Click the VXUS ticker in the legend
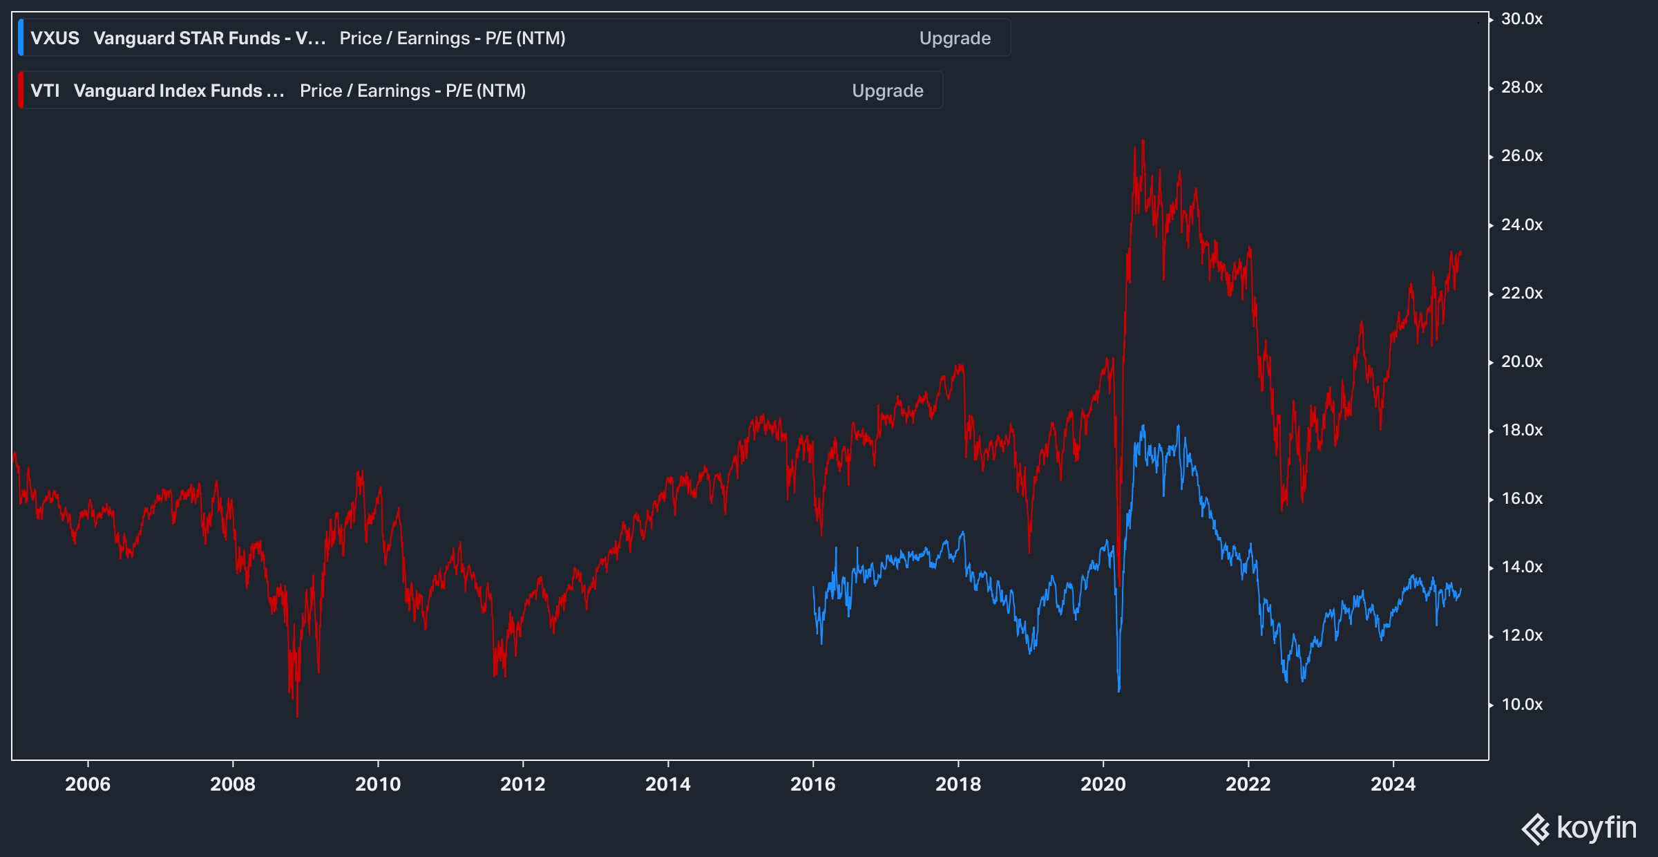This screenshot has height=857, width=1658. (x=55, y=38)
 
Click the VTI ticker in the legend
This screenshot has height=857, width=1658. (x=45, y=91)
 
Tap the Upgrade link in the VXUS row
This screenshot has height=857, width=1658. (x=955, y=38)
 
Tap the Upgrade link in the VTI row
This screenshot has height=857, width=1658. (x=887, y=91)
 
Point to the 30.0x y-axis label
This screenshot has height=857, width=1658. (x=1521, y=19)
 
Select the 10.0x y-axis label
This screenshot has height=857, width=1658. (x=1521, y=704)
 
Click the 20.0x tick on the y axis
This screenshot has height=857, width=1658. (x=1521, y=361)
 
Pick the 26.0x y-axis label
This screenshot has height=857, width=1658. (x=1521, y=156)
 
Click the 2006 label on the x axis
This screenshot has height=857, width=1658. (x=88, y=784)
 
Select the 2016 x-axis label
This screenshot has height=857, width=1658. (x=812, y=784)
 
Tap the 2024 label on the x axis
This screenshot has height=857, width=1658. (x=1393, y=784)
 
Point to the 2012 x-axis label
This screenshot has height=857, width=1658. (x=522, y=784)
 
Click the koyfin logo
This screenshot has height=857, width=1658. (x=1579, y=828)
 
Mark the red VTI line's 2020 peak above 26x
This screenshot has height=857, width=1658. (x=1143, y=141)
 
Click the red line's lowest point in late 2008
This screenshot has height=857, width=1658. (x=297, y=715)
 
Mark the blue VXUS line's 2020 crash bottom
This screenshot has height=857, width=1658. (x=1118, y=690)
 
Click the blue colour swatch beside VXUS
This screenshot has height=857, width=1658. (x=21, y=38)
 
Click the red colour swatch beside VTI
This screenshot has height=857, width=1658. (x=21, y=91)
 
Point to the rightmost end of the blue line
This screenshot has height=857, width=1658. (x=1460, y=590)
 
